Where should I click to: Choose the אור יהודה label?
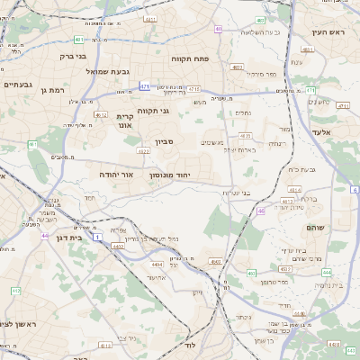[x=116, y=175]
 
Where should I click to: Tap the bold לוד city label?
[x=189, y=346]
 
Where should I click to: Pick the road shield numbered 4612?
[x=102, y=115]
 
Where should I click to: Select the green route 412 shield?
[x=16, y=291]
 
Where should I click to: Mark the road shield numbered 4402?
[x=118, y=245]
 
